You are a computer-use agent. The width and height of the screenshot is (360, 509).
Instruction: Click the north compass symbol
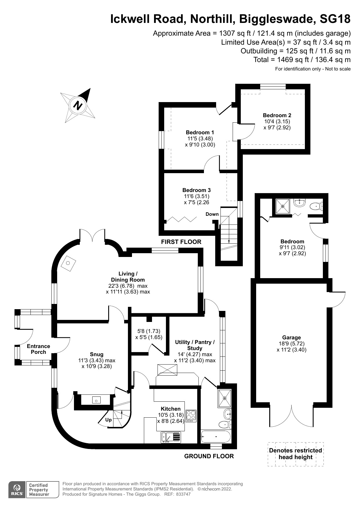[78, 105]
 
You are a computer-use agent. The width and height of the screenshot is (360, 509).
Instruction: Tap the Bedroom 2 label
[277, 115]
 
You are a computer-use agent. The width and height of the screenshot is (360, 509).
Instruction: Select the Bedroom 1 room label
[200, 133]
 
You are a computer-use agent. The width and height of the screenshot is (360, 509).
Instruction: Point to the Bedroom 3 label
[196, 190]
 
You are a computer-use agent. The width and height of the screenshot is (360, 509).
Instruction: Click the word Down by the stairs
[212, 214]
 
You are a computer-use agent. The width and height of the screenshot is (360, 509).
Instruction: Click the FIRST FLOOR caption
[181, 242]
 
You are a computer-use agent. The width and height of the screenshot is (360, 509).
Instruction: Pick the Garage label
[291, 338]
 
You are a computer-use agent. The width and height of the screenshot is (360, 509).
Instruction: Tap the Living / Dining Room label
[128, 277]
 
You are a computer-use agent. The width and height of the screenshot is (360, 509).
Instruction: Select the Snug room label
[97, 354]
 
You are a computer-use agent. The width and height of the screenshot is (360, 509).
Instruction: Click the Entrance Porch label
[38, 349]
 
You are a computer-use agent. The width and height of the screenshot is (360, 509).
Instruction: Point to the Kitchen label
[171, 409]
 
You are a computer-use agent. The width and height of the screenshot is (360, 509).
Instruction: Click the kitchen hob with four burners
[191, 416]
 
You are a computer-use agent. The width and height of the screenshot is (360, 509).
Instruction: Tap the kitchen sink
[171, 437]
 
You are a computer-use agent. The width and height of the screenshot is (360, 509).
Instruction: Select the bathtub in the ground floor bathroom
[216, 436]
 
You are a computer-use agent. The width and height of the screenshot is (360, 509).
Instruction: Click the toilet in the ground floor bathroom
[225, 424]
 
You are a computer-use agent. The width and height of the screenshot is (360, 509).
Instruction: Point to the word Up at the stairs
[108, 420]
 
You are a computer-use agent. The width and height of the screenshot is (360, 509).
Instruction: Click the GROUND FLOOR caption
[209, 456]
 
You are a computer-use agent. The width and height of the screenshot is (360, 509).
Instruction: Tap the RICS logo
[17, 490]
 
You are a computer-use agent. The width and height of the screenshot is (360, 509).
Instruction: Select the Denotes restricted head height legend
[295, 454]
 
